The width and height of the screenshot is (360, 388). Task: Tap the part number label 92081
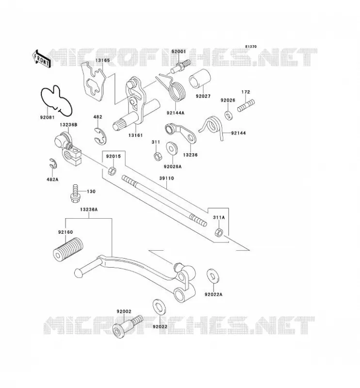47,117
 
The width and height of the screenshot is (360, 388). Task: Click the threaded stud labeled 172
246,105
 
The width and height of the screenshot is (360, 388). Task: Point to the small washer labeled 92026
229,115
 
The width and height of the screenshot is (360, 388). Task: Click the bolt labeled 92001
180,66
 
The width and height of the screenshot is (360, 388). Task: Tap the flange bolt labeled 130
75,193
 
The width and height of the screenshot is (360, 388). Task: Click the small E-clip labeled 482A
53,163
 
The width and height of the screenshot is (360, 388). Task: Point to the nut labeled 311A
219,232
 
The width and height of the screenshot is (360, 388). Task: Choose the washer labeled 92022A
213,275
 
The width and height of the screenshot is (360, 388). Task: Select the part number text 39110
166,178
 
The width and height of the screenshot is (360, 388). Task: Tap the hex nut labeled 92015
112,171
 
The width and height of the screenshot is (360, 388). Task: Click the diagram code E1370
251,47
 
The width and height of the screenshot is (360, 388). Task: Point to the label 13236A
89,210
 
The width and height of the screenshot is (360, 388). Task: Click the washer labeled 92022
159,307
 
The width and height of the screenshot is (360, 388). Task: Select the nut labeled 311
157,156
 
